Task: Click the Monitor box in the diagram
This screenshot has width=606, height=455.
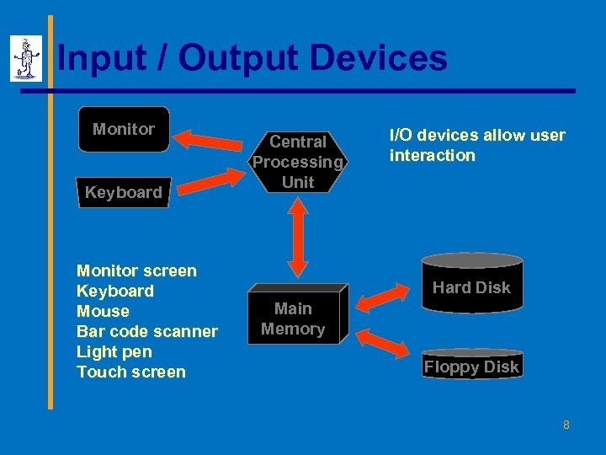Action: tap(124, 130)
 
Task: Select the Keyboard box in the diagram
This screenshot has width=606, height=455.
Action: tap(123, 192)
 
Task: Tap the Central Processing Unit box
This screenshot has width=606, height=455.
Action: tap(298, 162)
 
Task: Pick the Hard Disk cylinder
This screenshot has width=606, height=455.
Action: tap(471, 283)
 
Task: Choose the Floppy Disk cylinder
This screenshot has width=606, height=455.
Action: tap(471, 364)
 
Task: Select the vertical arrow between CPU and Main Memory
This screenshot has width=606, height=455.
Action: tap(296, 237)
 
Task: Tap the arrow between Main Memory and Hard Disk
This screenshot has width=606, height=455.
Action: tap(383, 297)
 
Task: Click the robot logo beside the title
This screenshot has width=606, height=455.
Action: tap(26, 58)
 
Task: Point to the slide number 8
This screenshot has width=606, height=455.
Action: tap(566, 425)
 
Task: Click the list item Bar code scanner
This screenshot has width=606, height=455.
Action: tap(146, 331)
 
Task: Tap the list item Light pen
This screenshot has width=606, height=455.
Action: tap(114, 351)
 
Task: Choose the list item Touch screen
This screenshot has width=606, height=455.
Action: tap(130, 372)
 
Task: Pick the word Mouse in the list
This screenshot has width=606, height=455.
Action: tap(103, 311)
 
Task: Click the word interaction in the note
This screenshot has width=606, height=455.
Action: tap(432, 155)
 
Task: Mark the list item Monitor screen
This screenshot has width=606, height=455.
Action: tap(136, 270)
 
